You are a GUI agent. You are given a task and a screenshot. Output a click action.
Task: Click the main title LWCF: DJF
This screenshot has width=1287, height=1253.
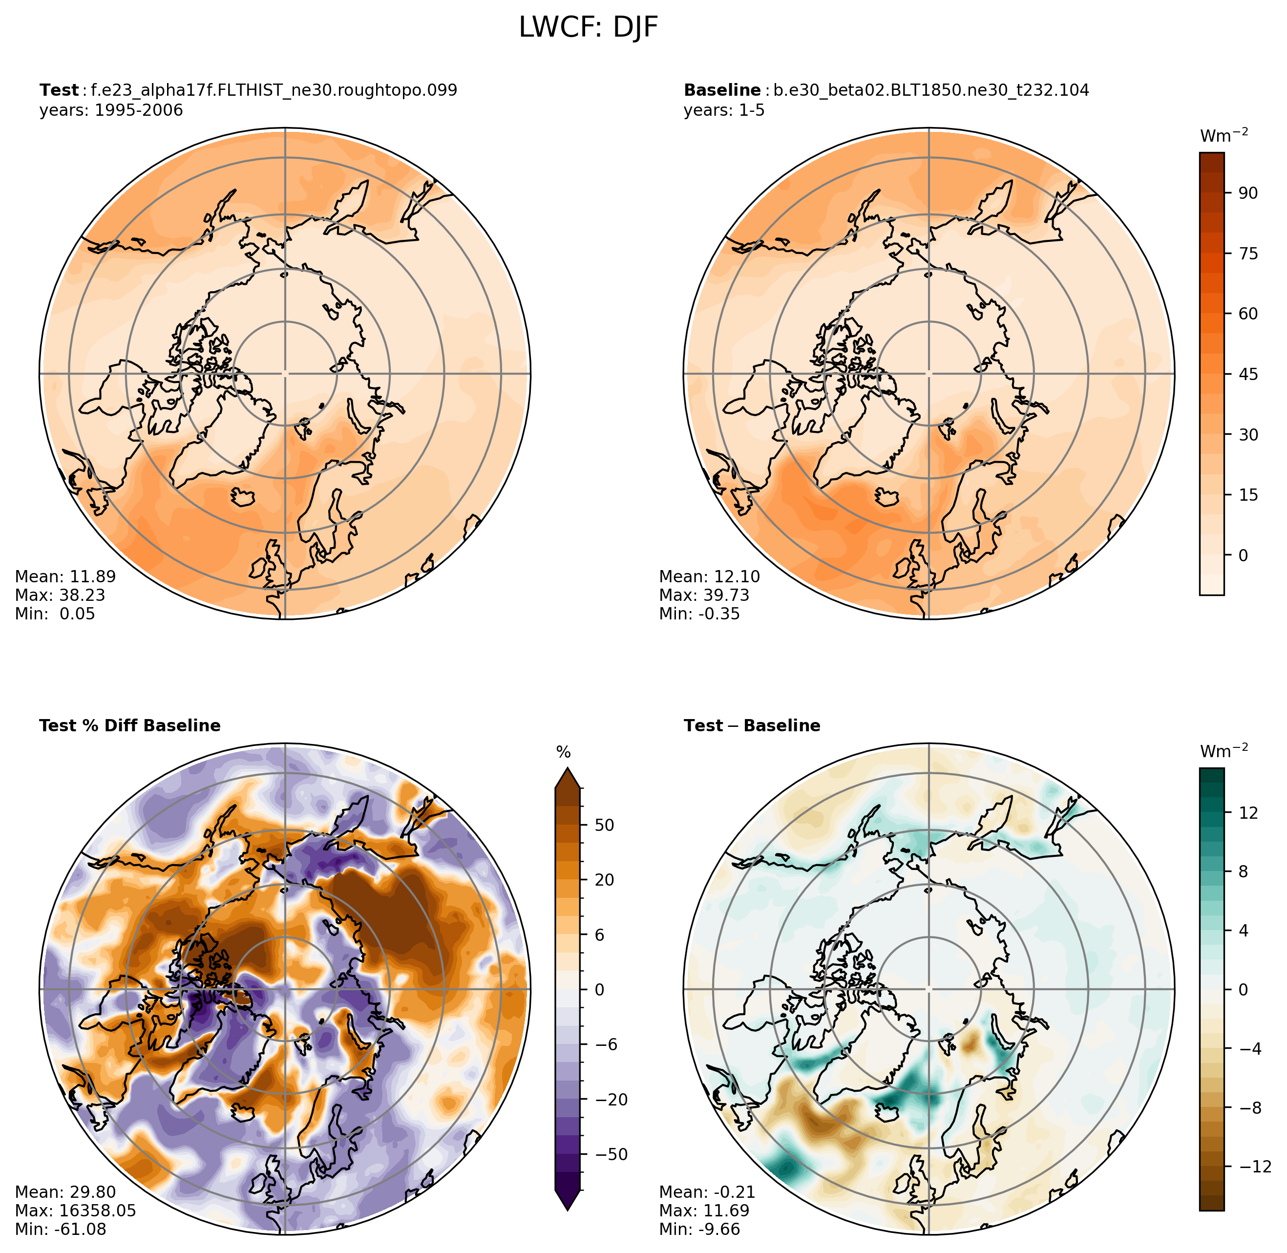[588, 28]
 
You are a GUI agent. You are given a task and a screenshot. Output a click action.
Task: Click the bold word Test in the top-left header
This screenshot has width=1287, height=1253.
[59, 90]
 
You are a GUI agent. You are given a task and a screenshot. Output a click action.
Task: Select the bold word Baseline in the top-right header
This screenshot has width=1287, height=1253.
[722, 90]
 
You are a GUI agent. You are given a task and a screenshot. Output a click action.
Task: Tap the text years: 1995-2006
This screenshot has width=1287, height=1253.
[111, 110]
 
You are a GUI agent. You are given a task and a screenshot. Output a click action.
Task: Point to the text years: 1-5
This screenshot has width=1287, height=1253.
[724, 110]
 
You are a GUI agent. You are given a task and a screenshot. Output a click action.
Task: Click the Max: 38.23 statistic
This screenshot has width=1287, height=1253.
[60, 595]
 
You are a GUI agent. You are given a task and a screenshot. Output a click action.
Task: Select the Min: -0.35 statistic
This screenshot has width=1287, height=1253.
[699, 614]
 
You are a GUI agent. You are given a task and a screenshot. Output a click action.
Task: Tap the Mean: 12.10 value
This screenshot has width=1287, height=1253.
[709, 576]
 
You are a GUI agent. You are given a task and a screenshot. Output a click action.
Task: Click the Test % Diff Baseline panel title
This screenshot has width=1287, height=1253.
[129, 725]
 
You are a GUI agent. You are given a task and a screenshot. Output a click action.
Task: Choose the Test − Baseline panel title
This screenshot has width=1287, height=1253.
[752, 725]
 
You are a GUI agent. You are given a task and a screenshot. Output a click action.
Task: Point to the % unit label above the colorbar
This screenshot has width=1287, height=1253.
[563, 752]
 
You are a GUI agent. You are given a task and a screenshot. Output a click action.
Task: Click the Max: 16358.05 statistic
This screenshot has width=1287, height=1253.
[75, 1211]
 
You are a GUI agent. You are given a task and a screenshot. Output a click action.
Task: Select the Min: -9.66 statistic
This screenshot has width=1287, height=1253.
[699, 1230]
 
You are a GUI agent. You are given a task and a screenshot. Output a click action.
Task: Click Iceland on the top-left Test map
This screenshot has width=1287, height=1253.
[243, 496]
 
